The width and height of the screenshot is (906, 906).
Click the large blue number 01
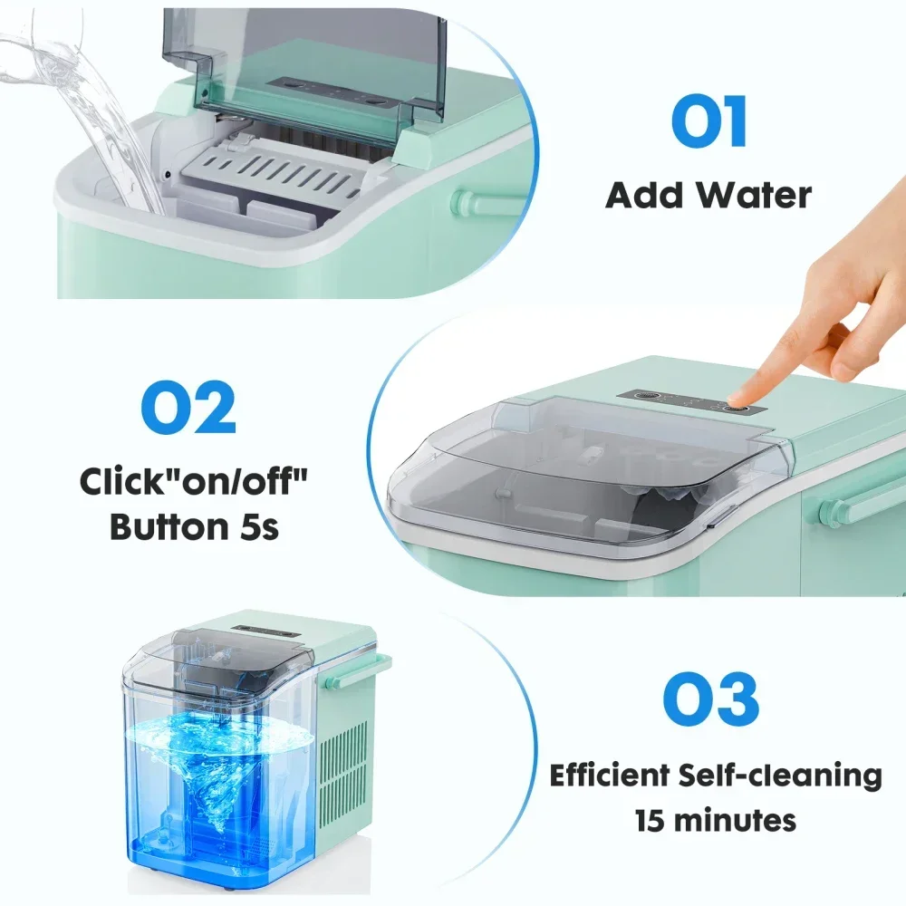[708, 123]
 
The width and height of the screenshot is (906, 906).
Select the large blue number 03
[709, 699]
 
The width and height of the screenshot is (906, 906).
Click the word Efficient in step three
[617, 776]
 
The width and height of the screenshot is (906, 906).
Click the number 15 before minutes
[651, 821]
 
